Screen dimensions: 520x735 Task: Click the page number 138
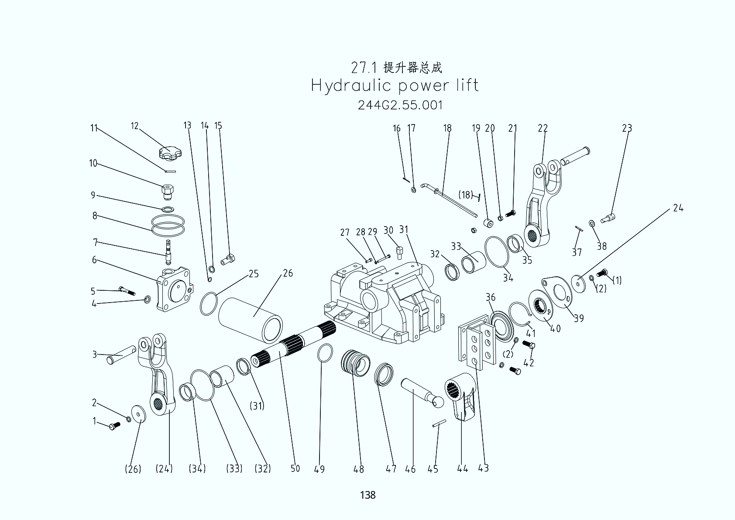(x=367, y=495)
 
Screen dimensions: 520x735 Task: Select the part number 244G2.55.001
(x=400, y=105)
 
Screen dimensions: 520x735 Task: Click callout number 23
(x=627, y=128)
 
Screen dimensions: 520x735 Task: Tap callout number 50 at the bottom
(x=295, y=469)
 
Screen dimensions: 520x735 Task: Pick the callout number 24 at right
(x=678, y=208)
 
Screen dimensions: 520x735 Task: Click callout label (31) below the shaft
(x=257, y=406)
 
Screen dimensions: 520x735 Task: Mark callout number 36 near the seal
(x=491, y=297)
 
